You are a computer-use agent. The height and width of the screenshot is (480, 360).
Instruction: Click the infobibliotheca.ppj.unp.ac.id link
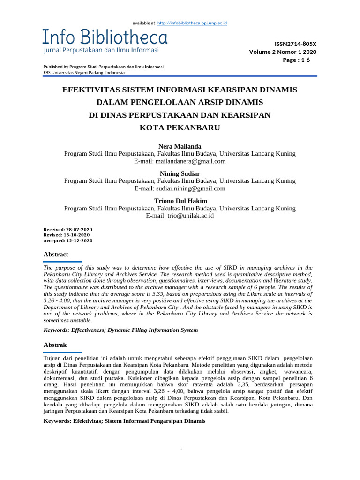(x=192, y=22)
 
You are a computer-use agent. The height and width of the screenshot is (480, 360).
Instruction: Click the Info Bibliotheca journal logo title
(x=105, y=37)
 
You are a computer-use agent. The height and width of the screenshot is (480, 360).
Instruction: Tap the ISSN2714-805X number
(x=289, y=44)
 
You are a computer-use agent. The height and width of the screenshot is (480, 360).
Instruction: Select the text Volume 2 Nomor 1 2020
(x=283, y=52)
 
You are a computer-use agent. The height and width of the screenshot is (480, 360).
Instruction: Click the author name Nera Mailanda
(x=180, y=146)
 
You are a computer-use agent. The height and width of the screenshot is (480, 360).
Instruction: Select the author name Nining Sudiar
(x=180, y=173)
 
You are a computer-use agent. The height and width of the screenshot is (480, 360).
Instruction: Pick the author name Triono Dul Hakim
(x=180, y=200)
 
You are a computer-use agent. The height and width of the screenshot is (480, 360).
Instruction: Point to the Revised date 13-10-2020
(x=77, y=235)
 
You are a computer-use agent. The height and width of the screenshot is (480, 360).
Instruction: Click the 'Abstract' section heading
(x=56, y=254)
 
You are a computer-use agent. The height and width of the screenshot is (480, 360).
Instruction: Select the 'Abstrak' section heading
(x=55, y=345)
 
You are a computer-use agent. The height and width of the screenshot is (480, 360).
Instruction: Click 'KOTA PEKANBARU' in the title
(x=180, y=127)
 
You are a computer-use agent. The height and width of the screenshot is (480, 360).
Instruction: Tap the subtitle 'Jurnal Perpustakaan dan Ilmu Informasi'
(x=101, y=50)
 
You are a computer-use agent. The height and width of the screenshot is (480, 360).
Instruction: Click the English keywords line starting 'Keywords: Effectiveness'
(x=120, y=330)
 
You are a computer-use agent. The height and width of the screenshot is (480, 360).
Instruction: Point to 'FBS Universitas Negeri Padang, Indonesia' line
(x=84, y=73)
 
